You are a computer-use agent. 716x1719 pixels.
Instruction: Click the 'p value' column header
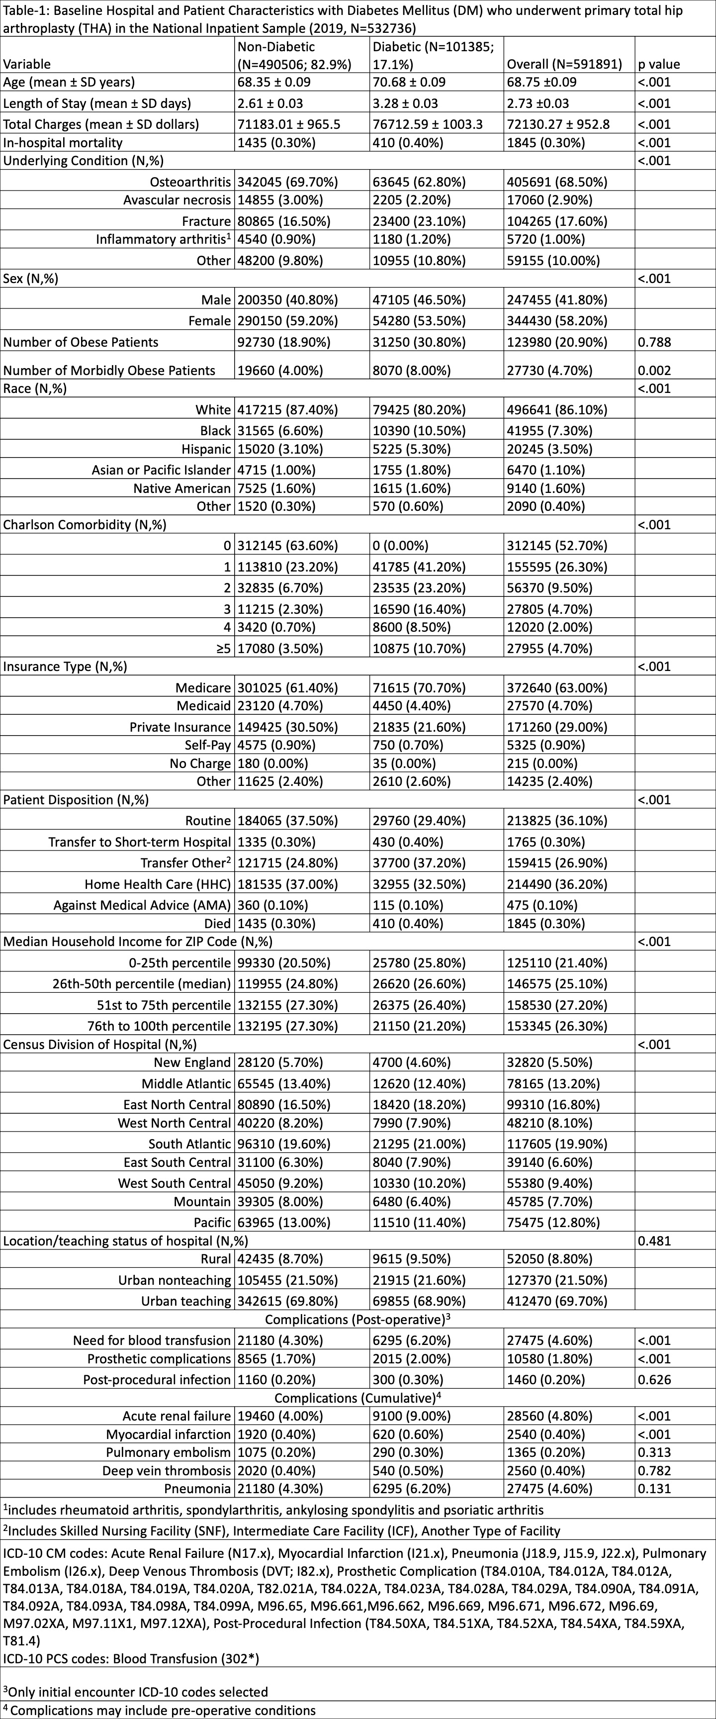click(x=659, y=64)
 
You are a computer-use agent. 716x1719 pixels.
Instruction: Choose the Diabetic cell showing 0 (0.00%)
click(x=400, y=546)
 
